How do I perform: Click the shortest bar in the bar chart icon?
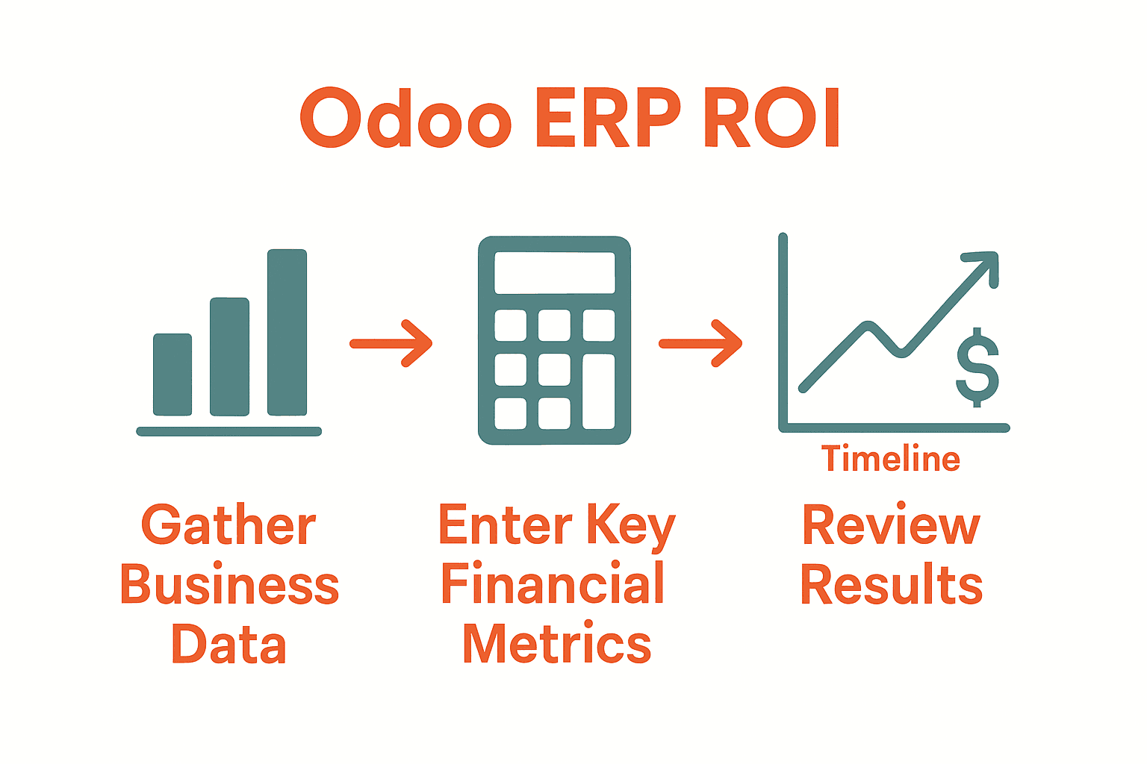pyautogui.click(x=172, y=375)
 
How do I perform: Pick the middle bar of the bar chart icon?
pyautogui.click(x=229, y=357)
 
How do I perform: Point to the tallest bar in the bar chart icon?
pyautogui.click(x=287, y=332)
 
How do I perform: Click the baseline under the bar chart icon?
pyautogui.click(x=229, y=431)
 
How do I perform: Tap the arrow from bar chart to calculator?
pyautogui.click(x=391, y=343)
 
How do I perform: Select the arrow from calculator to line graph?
pyautogui.click(x=700, y=343)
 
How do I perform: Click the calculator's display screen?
pyautogui.click(x=554, y=272)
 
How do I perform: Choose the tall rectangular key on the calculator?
pyautogui.click(x=598, y=392)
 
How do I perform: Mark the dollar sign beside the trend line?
pyautogui.click(x=977, y=367)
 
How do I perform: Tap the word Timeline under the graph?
pyautogui.click(x=891, y=459)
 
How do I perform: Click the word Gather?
pyautogui.click(x=229, y=526)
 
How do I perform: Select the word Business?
pyautogui.click(x=229, y=586)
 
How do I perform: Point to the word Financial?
pyautogui.click(x=553, y=583)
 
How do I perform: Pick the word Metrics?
pyautogui.click(x=556, y=643)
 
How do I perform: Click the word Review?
pyautogui.click(x=891, y=526)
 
